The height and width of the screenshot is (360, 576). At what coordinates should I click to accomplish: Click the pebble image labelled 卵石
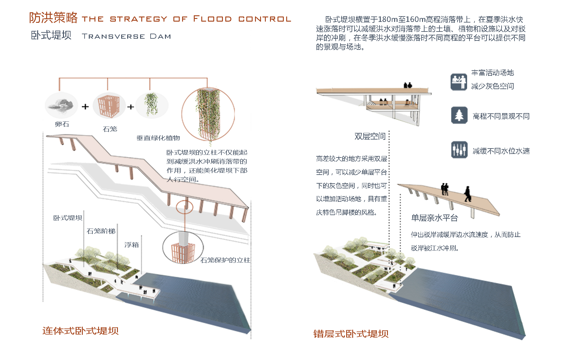[x=61, y=105]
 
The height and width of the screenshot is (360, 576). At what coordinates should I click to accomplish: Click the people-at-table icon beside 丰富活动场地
[x=459, y=82]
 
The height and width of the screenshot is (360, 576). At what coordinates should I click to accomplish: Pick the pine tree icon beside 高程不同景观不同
[x=459, y=115]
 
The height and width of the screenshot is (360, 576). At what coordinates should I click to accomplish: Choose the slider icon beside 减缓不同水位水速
[x=459, y=149]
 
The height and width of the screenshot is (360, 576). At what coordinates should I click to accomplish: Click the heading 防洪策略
[x=53, y=18]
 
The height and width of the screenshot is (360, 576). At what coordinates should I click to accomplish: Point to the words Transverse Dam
[x=126, y=37]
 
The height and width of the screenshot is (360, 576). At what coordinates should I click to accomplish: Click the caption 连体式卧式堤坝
[x=80, y=331]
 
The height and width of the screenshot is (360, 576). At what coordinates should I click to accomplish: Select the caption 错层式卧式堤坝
[x=351, y=334]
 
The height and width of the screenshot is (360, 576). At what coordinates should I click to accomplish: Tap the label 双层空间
[x=370, y=136]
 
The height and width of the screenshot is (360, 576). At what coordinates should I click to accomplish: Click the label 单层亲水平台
[x=434, y=218]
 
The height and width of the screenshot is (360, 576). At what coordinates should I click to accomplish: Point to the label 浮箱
[x=132, y=245]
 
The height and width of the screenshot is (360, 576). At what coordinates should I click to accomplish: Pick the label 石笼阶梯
[x=101, y=231]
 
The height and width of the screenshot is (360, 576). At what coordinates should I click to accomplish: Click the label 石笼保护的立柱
[x=225, y=260]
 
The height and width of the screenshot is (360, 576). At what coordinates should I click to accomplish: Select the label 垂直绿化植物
[x=158, y=138]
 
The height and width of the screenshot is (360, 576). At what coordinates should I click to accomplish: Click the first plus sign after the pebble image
[x=85, y=106]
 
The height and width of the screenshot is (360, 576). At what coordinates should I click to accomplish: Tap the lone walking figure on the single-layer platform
[x=467, y=194]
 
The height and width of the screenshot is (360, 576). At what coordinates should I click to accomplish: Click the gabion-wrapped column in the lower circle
[x=183, y=249]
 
